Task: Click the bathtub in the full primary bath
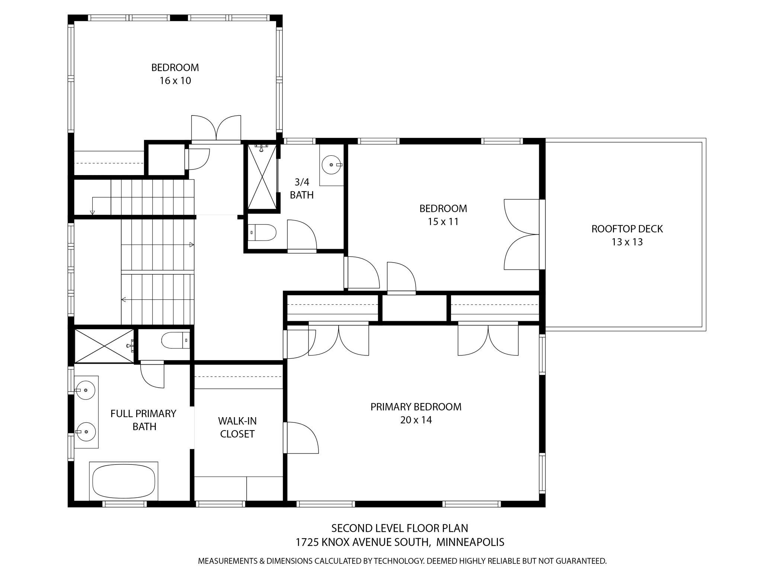pyautogui.click(x=124, y=481)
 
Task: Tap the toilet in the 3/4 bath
pyautogui.click(x=262, y=233)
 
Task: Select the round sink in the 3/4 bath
pyautogui.click(x=331, y=165)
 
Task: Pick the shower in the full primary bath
pyautogui.click(x=105, y=346)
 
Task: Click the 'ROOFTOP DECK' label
pyautogui.click(x=627, y=229)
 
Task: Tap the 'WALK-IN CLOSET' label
pyautogui.click(x=237, y=427)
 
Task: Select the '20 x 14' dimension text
pyautogui.click(x=416, y=420)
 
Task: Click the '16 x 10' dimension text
pyautogui.click(x=175, y=81)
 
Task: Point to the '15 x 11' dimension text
pyautogui.click(x=443, y=222)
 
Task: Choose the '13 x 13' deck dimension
pyautogui.click(x=627, y=242)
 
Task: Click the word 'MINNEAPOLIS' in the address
pyautogui.click(x=470, y=542)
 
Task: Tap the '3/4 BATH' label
pyautogui.click(x=302, y=188)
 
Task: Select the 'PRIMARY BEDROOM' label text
pyautogui.click(x=416, y=407)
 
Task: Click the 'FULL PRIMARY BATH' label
pyautogui.click(x=143, y=420)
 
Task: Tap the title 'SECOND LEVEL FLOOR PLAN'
pyautogui.click(x=400, y=528)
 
